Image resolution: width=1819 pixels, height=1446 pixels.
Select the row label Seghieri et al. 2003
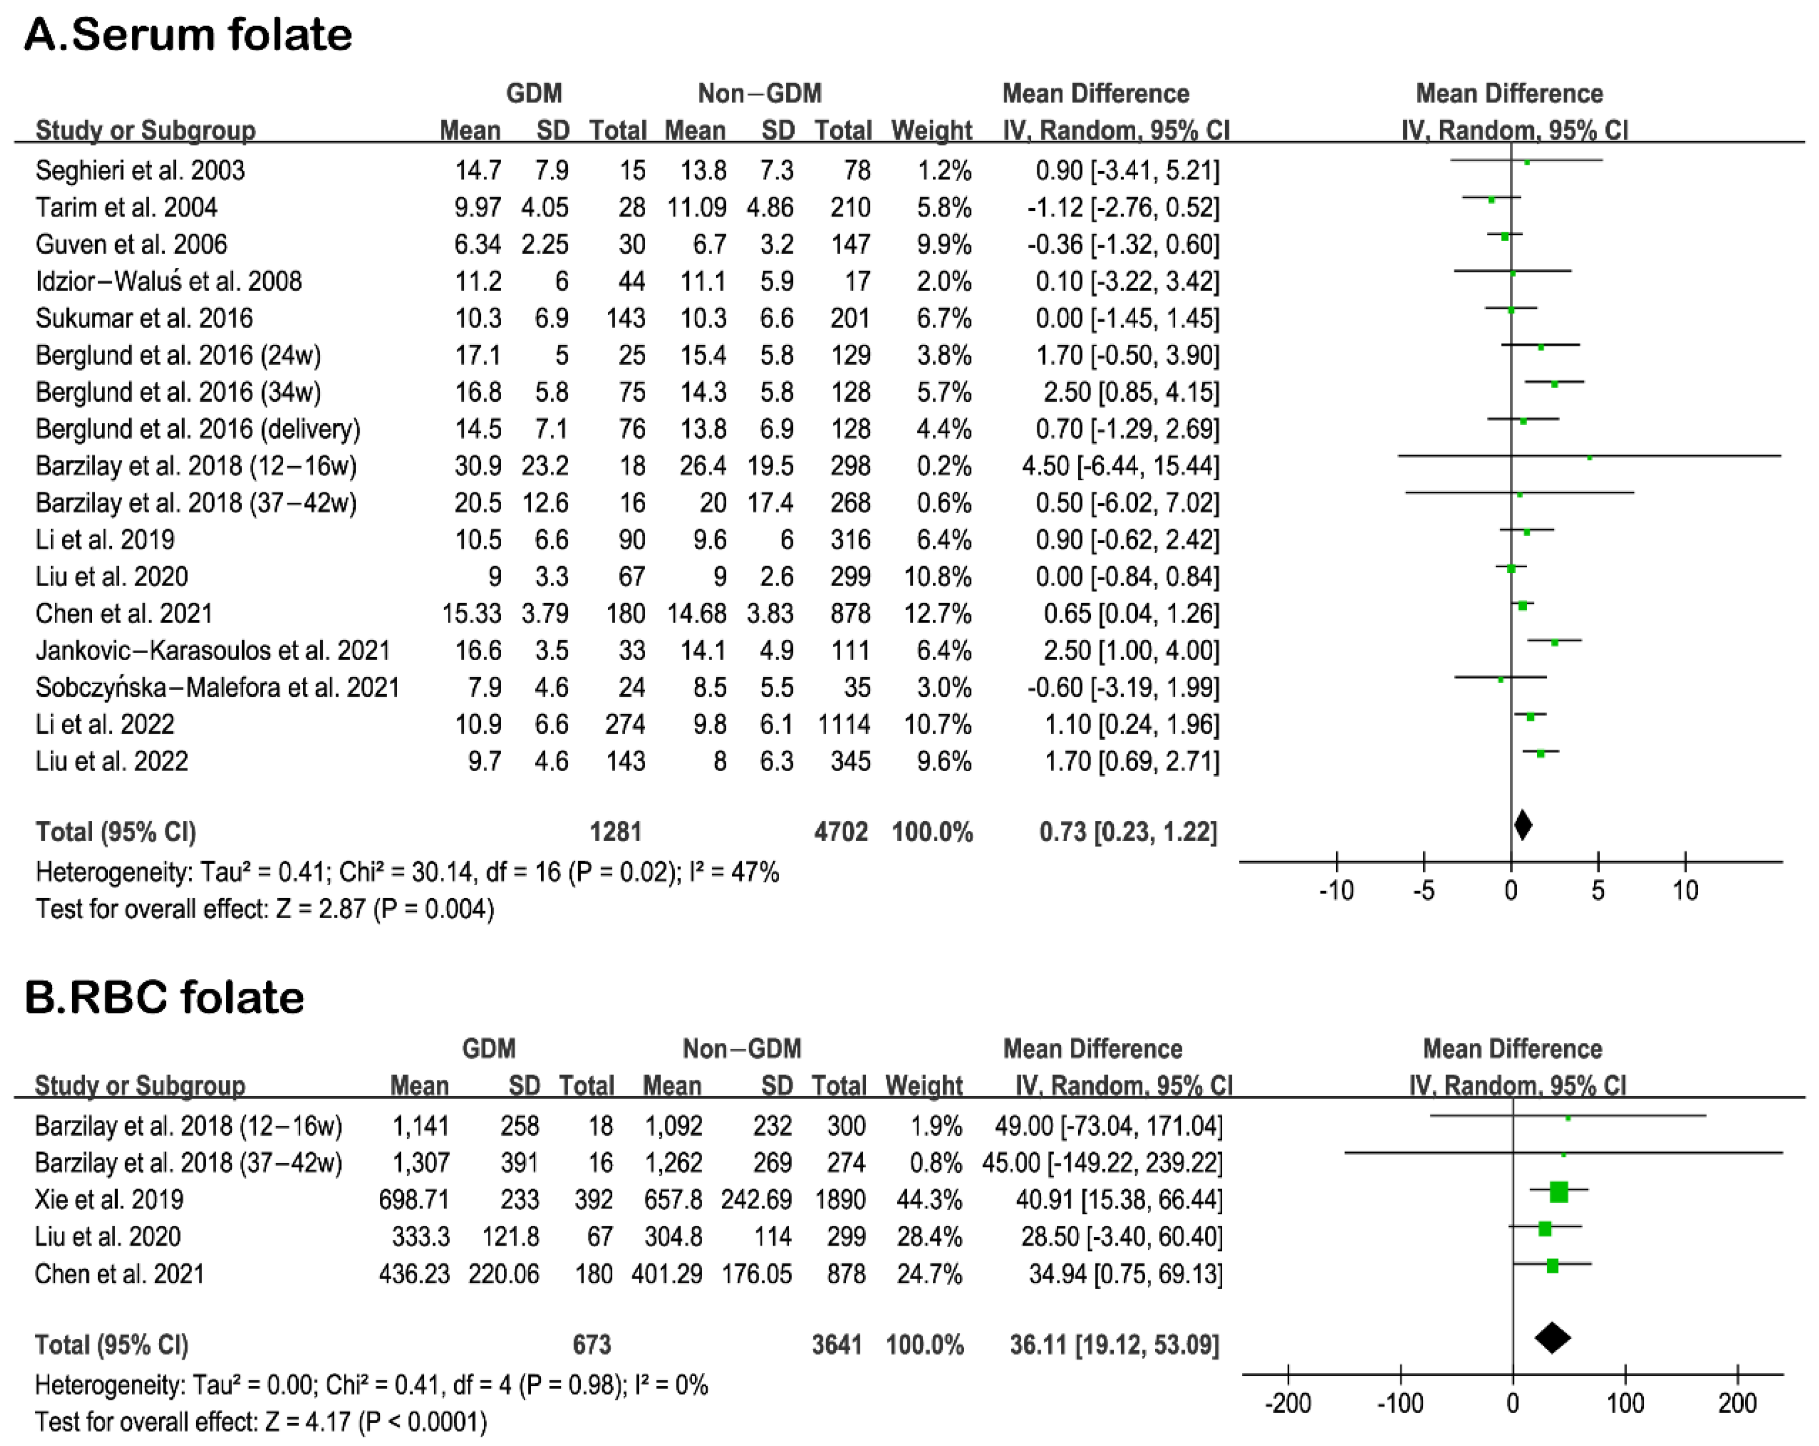pos(140,171)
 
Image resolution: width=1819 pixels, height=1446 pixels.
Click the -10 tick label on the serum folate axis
pos(1337,890)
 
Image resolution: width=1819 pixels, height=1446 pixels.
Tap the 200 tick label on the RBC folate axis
pos(1737,1403)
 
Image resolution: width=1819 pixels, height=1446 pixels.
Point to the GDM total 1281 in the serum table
pos(616,832)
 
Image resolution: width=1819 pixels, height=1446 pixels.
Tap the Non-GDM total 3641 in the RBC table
pos(837,1345)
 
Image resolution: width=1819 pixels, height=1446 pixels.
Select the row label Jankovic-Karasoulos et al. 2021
pos(212,650)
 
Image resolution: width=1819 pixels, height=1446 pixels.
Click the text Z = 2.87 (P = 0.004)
pos(385,909)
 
